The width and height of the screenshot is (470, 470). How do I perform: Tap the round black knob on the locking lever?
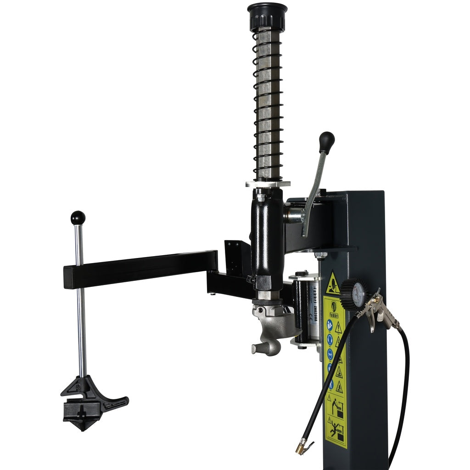[327, 140]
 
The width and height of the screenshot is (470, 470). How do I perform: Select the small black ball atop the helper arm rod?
[78, 218]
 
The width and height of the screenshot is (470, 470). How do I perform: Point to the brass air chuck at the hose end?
[304, 445]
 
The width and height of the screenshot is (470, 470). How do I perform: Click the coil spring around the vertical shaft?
[267, 106]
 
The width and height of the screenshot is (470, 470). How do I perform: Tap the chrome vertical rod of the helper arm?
[81, 321]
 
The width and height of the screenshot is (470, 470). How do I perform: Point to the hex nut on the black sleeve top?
[261, 197]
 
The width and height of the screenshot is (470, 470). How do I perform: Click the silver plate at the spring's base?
[268, 184]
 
